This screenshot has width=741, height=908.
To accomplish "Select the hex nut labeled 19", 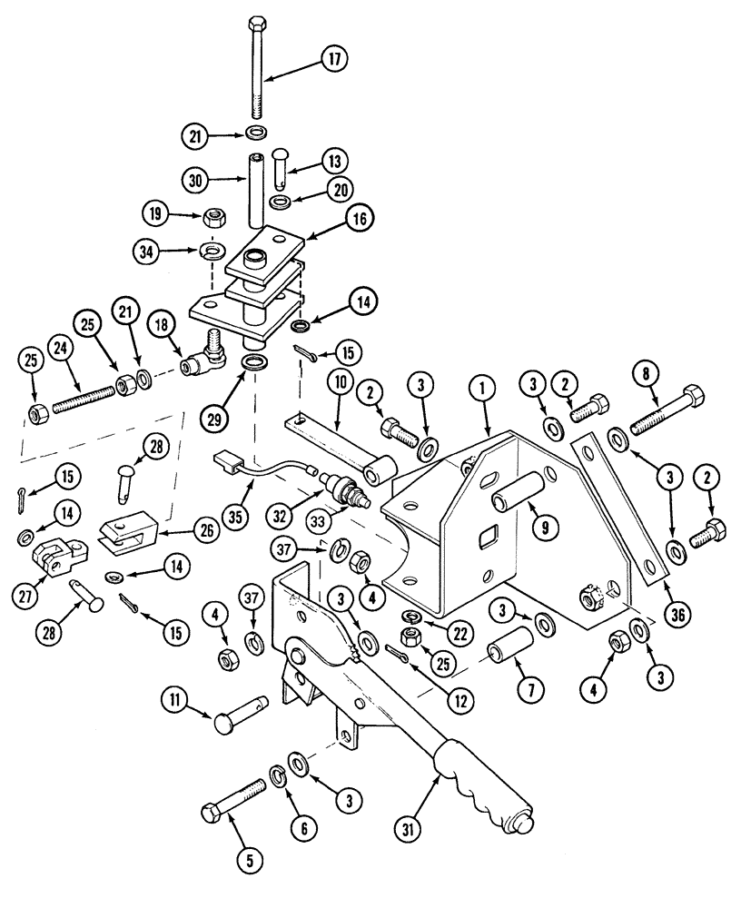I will pyautogui.click(x=216, y=216).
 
